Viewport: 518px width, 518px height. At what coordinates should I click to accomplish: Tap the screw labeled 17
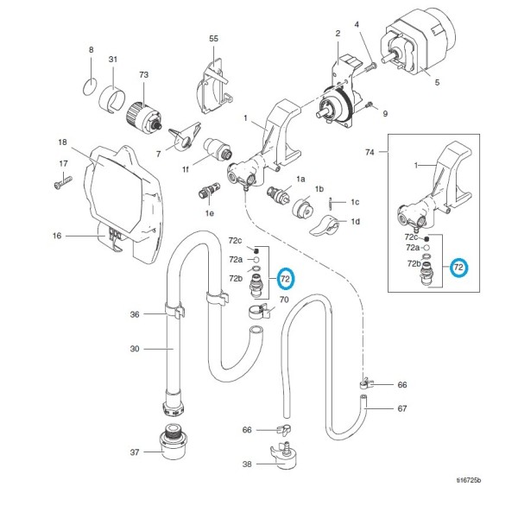[x=63, y=182]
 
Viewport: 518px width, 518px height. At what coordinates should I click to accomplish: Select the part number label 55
[x=214, y=39]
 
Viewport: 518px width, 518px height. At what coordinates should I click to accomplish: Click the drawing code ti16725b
[x=469, y=480]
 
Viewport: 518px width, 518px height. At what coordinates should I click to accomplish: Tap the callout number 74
[x=370, y=152]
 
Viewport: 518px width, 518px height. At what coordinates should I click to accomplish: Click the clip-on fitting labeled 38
[x=284, y=455]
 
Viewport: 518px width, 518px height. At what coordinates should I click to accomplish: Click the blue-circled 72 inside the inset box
[x=458, y=268]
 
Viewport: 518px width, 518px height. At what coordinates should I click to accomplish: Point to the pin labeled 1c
[x=331, y=203]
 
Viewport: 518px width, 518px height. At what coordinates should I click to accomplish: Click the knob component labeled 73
[x=143, y=117]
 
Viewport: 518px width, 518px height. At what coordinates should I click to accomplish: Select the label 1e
[x=210, y=213]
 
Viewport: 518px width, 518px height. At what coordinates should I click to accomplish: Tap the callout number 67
[x=402, y=408]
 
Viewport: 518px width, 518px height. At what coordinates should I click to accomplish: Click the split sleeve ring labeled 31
[x=112, y=98]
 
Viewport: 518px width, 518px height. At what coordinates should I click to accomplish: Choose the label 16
[x=57, y=236]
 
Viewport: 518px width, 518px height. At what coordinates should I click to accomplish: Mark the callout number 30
[x=135, y=349]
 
